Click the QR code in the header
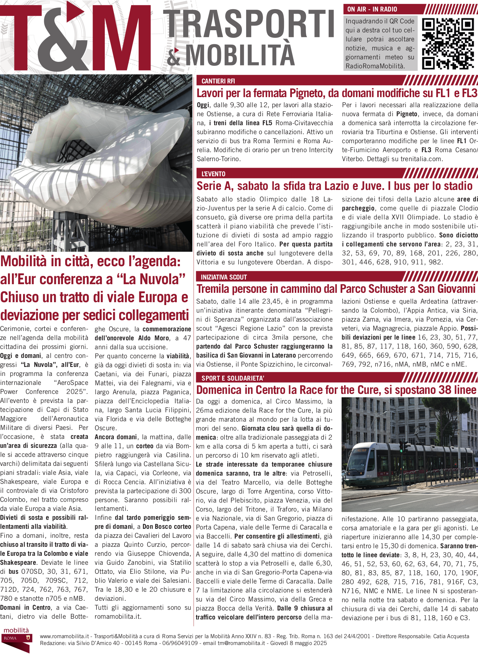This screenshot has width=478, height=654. point(447,44)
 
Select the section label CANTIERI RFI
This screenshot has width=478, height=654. point(218,81)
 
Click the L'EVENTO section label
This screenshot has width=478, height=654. point(213,174)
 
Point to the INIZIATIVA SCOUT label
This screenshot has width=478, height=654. point(224,277)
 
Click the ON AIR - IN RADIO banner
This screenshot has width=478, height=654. point(372,9)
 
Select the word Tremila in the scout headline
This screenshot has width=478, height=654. point(213,289)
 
